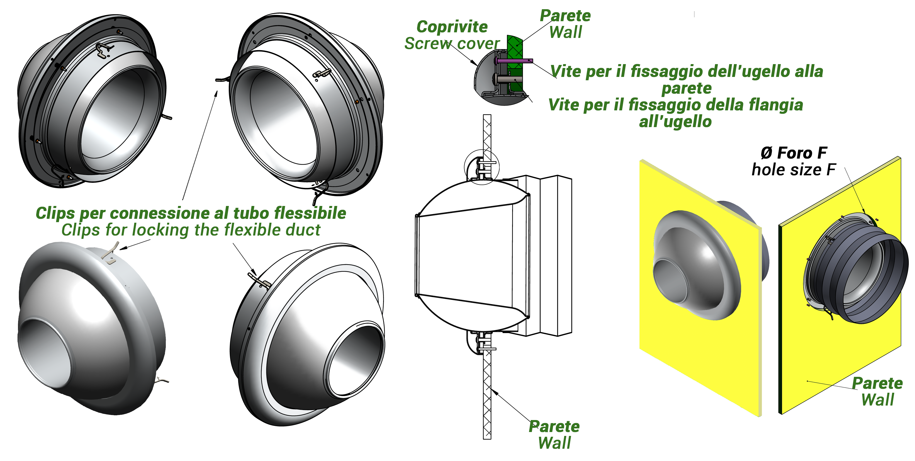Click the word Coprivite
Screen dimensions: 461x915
click(452, 27)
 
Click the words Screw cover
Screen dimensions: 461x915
click(452, 44)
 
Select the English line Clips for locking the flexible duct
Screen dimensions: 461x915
click(191, 230)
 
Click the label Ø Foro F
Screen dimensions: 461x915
click(794, 153)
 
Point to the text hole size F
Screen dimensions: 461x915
click(794, 170)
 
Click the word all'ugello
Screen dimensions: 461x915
click(675, 122)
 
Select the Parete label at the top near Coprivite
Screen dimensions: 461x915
click(565, 16)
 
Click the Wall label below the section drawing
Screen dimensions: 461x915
click(554, 443)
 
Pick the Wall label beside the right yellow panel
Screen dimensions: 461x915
click(877, 400)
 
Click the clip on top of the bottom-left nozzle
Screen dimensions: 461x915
click(111, 253)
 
